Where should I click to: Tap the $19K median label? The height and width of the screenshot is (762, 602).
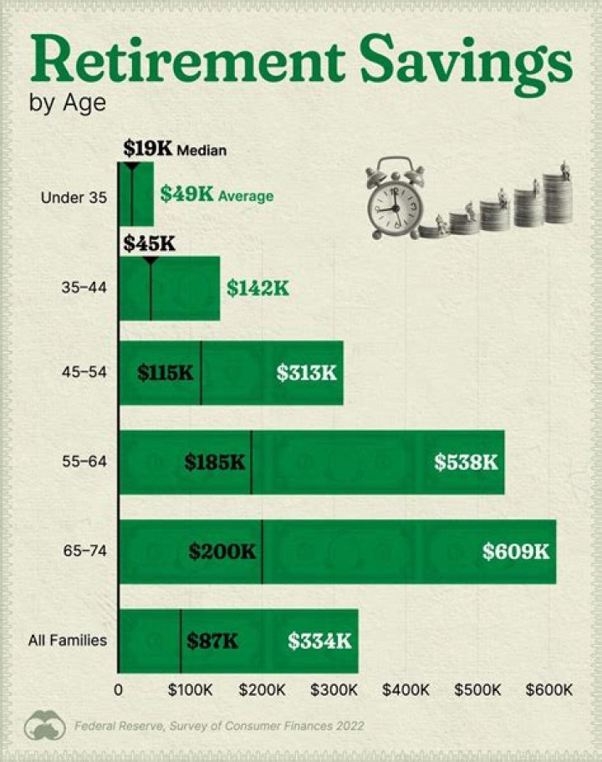click(147, 149)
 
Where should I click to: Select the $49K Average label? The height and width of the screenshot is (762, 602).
click(217, 195)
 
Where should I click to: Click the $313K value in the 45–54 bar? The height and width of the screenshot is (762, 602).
click(306, 372)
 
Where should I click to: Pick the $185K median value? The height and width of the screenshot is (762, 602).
click(215, 461)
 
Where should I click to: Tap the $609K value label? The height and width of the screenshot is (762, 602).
click(515, 551)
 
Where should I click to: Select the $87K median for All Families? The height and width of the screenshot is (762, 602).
click(212, 641)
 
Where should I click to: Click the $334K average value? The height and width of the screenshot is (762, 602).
click(319, 641)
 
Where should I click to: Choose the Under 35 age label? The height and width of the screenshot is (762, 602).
click(74, 197)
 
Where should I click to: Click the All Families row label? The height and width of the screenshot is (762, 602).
click(68, 641)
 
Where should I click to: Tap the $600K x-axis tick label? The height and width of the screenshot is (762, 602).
click(548, 690)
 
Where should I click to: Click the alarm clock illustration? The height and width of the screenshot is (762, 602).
click(393, 198)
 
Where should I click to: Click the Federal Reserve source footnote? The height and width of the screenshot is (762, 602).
click(218, 725)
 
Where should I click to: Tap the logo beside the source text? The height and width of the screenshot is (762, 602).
click(45, 725)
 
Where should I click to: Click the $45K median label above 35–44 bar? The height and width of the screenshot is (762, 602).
click(148, 243)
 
